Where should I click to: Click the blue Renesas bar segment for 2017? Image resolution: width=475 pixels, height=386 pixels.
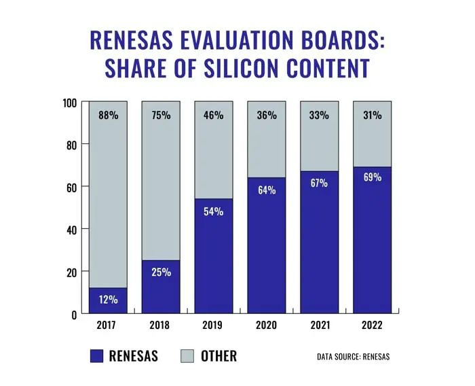(108, 301)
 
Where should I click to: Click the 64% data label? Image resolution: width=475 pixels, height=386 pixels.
(267, 190)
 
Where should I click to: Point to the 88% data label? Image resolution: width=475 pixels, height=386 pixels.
(108, 115)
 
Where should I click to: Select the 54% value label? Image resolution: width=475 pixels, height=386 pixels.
(214, 211)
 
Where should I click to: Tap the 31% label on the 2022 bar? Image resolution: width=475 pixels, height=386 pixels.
(372, 115)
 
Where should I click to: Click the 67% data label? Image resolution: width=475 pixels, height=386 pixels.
(320, 183)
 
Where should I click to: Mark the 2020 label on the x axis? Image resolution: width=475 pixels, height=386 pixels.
(267, 326)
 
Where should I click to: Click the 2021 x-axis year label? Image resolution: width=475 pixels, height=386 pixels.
(320, 326)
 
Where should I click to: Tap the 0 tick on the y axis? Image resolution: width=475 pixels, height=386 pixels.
(74, 314)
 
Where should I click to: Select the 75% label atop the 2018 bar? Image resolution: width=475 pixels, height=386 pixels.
(161, 115)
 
